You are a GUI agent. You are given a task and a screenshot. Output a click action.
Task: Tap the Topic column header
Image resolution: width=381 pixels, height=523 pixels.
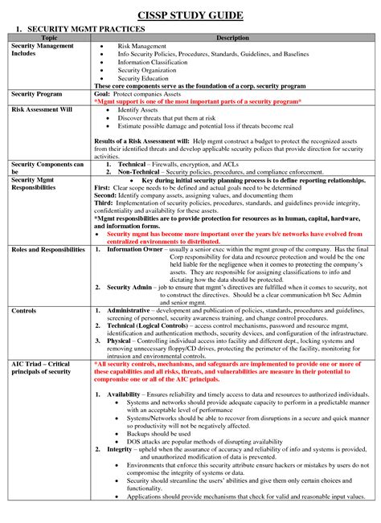(48, 39)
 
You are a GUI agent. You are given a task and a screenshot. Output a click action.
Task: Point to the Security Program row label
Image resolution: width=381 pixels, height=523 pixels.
(38, 94)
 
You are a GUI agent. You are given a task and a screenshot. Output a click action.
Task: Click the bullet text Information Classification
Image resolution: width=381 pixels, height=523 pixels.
(156, 63)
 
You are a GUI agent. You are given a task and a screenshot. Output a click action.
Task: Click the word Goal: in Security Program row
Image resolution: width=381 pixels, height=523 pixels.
(103, 94)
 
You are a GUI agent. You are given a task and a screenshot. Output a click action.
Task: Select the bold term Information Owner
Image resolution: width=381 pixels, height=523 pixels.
(138, 250)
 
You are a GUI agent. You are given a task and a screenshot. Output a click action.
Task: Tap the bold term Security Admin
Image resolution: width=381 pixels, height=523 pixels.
(132, 287)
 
